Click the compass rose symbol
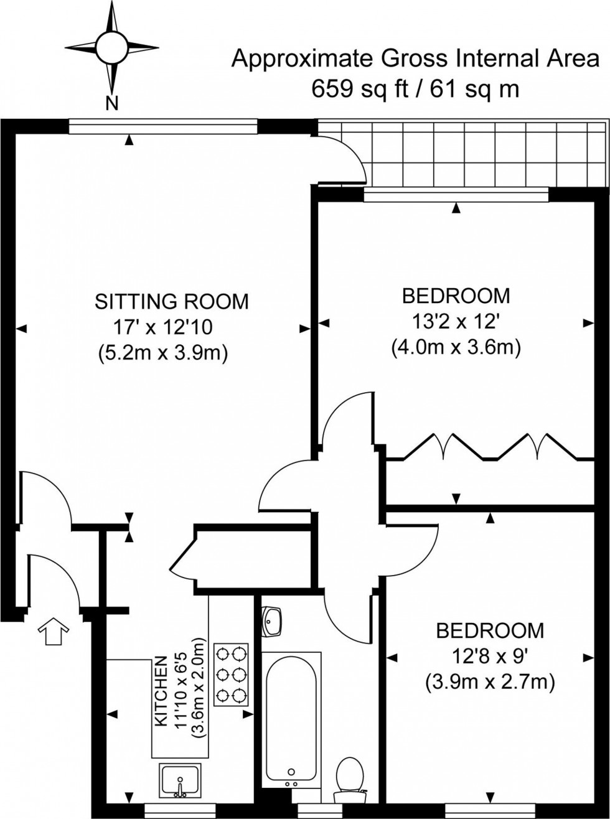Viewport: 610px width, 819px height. (111, 47)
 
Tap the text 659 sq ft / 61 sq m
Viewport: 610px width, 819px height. (415, 89)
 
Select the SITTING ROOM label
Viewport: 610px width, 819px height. (171, 301)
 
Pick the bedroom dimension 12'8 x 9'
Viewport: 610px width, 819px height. (489, 656)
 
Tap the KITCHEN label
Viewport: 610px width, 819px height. (161, 691)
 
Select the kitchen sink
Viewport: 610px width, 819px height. (179, 779)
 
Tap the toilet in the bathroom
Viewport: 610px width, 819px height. (349, 775)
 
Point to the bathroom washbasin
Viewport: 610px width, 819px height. (272, 619)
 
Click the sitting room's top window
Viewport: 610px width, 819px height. (162, 126)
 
